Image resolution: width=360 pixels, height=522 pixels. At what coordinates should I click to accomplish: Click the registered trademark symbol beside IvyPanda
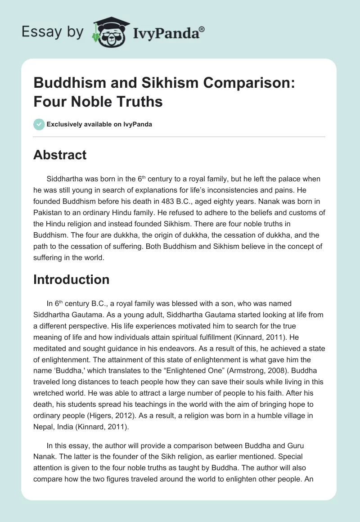tap(202, 29)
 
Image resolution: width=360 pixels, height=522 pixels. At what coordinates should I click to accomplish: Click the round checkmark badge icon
tap(39, 124)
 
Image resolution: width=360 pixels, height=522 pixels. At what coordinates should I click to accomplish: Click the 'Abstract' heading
tap(60, 155)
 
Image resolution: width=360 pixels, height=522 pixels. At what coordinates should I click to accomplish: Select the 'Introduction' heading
tap(71, 279)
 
